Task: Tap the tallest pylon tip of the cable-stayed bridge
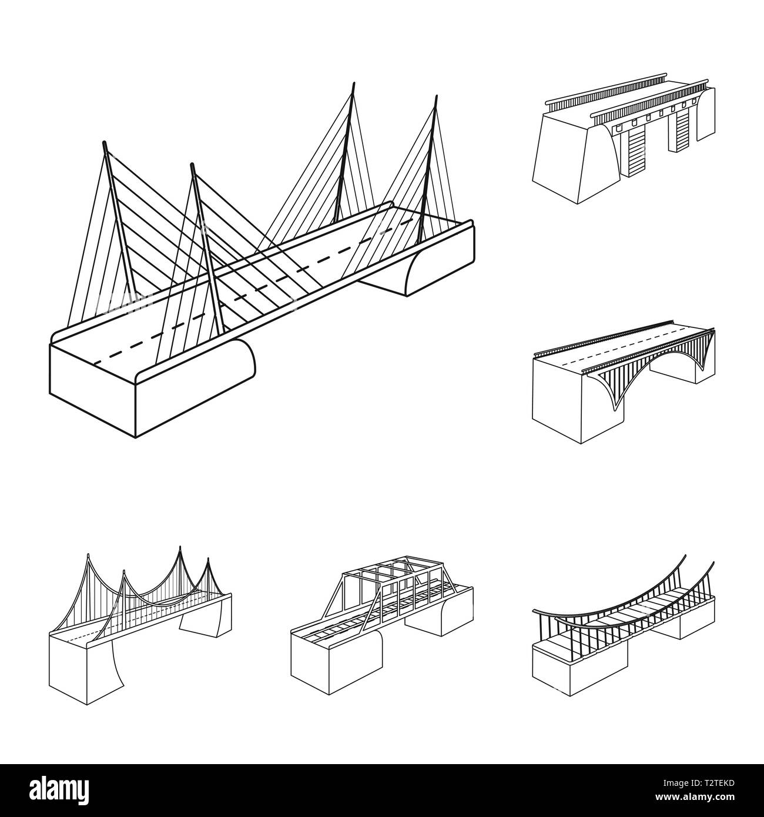[353, 83]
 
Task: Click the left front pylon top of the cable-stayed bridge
[105, 143]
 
